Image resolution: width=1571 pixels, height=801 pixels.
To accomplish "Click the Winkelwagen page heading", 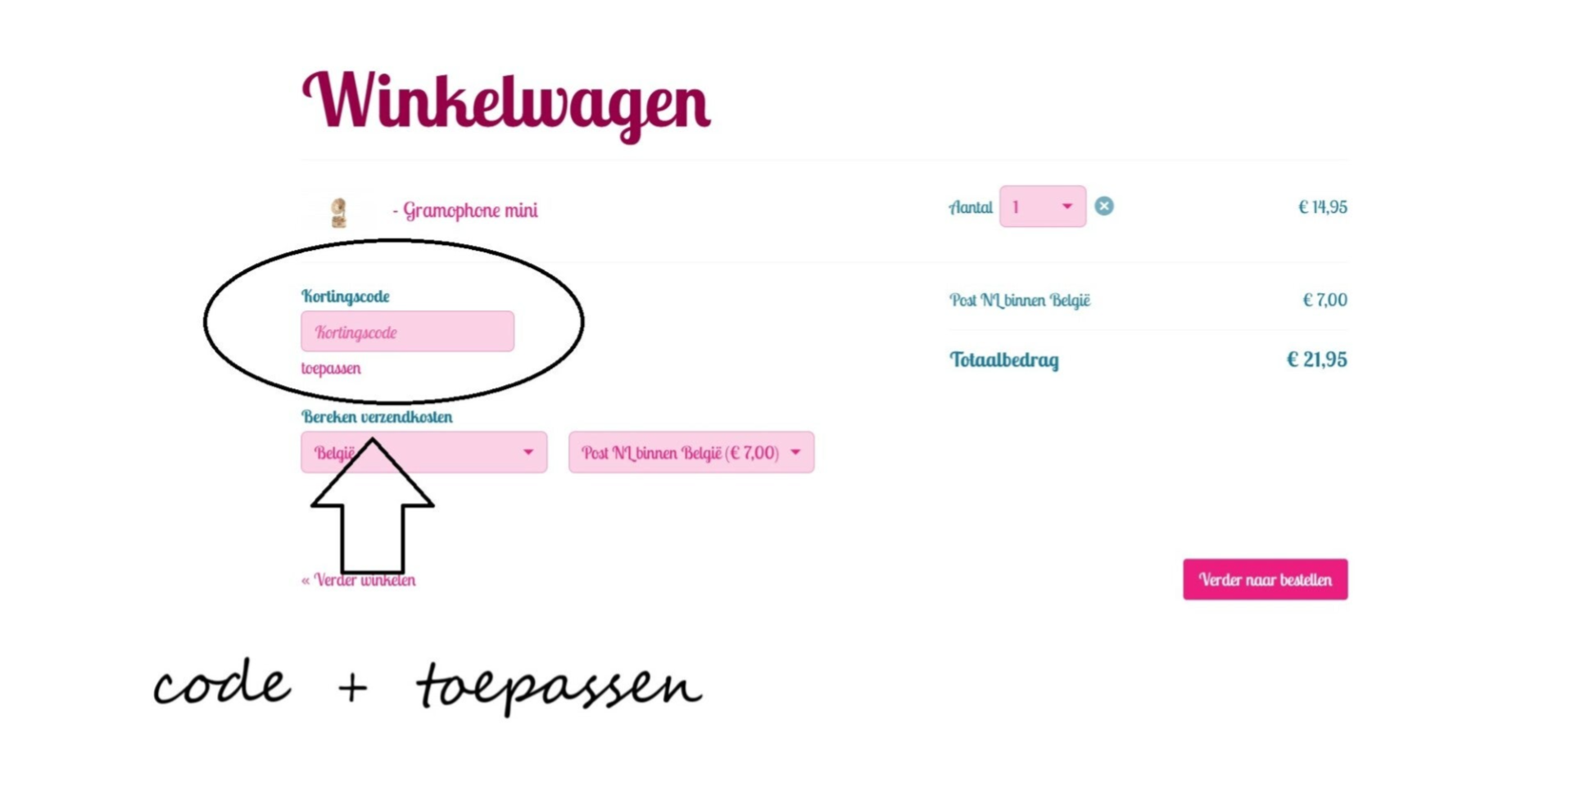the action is pyautogui.click(x=505, y=102).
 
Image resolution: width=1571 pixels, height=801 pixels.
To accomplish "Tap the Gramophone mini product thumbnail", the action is pyautogui.click(x=338, y=212).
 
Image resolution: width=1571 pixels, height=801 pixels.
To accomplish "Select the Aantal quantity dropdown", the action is pyautogui.click(x=1042, y=206).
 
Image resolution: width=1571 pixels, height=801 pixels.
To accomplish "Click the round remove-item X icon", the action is pyautogui.click(x=1104, y=206).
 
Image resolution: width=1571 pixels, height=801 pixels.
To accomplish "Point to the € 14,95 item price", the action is pyautogui.click(x=1322, y=207).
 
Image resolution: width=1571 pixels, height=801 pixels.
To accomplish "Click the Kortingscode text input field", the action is pyautogui.click(x=407, y=332).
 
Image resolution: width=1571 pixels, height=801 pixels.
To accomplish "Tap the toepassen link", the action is pyautogui.click(x=331, y=369).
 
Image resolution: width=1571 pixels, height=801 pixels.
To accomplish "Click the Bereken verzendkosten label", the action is pyautogui.click(x=377, y=417).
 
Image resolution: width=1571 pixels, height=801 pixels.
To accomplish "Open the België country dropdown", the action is pyautogui.click(x=423, y=452).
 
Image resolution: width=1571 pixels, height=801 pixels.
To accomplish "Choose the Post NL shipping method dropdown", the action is pyautogui.click(x=690, y=452).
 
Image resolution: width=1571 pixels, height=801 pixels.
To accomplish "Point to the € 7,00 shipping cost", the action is pyautogui.click(x=1324, y=300).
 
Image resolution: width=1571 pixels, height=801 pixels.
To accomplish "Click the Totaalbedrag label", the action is pyautogui.click(x=1003, y=360).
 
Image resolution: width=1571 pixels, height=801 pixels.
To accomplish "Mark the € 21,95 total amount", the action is pyautogui.click(x=1316, y=360).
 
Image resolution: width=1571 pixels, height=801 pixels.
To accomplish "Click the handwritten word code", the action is pyautogui.click(x=222, y=684).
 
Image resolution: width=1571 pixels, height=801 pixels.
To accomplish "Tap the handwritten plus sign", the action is pyautogui.click(x=352, y=686).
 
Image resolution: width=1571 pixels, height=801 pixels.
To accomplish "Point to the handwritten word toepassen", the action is pyautogui.click(x=558, y=686).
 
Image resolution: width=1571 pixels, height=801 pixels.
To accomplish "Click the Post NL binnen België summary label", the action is pyautogui.click(x=1020, y=301).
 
